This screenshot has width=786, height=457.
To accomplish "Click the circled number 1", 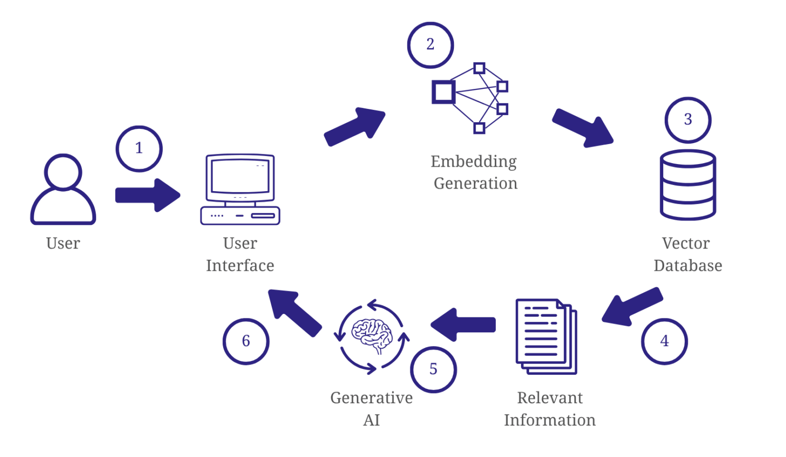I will [x=139, y=148].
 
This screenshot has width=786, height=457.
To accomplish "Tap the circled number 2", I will [x=430, y=45].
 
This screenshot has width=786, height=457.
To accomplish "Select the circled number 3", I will [x=688, y=120].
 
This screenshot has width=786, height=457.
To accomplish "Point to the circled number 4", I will [x=664, y=341].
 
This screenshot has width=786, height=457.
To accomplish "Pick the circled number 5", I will [x=433, y=369].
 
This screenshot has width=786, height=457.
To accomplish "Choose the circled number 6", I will [x=246, y=341].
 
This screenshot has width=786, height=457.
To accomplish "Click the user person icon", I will [x=63, y=190].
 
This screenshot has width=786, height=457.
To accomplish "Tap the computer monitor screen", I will [x=240, y=176].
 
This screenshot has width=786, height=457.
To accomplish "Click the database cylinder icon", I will [x=688, y=185].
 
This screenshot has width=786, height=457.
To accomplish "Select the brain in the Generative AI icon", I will [x=372, y=335].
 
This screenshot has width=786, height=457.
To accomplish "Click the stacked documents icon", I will [x=545, y=336].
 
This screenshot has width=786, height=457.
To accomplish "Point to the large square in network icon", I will [x=443, y=92].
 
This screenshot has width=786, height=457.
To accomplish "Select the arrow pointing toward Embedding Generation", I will [x=355, y=126].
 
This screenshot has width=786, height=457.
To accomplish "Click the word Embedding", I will [x=473, y=162].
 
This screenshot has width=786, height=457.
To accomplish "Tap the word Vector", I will [x=686, y=243].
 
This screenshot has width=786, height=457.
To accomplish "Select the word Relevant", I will [x=550, y=398].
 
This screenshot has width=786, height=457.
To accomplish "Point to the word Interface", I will [x=240, y=266].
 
